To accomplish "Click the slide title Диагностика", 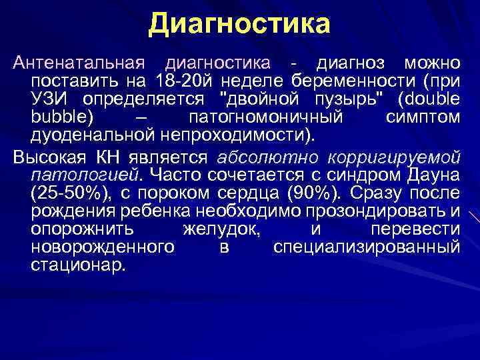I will point(239,24).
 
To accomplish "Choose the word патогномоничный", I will point(265,117).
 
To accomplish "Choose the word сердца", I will point(237,193).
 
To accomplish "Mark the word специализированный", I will point(366,247).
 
